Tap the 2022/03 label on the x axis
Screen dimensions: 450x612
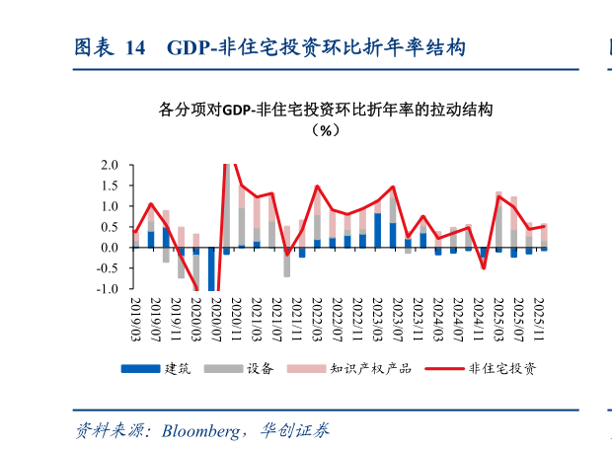point(318,317)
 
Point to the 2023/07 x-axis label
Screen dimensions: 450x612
point(394,317)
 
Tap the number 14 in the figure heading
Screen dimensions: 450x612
point(135,47)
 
